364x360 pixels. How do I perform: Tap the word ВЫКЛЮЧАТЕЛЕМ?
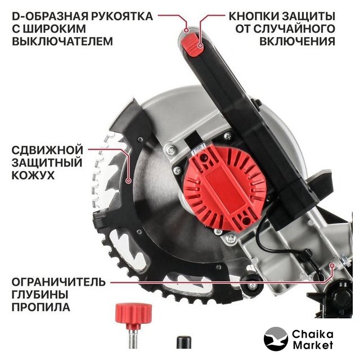pos(62,41)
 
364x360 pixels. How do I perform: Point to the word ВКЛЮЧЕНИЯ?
pos(297,41)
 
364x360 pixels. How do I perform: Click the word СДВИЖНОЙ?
pos(47,150)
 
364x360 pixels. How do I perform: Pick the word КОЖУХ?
pos(33,175)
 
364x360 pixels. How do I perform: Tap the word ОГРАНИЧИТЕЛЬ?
pos(59,282)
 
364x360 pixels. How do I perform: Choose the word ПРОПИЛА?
pos(41,307)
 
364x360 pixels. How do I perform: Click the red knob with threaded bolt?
pos(134,325)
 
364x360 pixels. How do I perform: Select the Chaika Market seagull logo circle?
pos(276,339)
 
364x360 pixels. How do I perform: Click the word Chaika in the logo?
pos(312,334)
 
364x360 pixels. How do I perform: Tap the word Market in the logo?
pos(313,345)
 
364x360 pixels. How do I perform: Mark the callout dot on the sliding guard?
pos(128,181)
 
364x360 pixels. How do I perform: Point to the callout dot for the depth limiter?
pos(332,265)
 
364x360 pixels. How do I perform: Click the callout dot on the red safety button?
pos(200,46)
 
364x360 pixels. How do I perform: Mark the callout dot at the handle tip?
pos(186,30)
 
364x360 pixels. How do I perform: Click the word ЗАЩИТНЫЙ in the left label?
pos(47,163)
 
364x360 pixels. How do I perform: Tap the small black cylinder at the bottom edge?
pos(184,342)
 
